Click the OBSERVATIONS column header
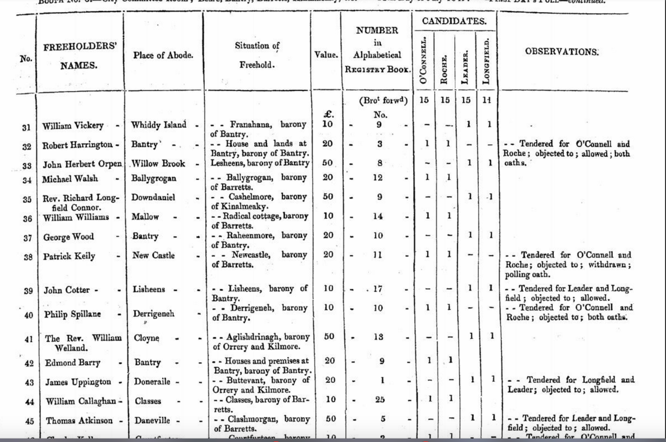561,52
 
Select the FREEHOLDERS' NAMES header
80,56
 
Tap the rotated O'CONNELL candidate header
424,60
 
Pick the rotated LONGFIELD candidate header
486,60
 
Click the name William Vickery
73,126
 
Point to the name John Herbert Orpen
82,164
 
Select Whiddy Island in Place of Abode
158,125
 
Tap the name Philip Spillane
73,314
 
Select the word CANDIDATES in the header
454,21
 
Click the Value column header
326,55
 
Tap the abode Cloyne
147,337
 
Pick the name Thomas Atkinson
78,421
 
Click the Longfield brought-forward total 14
486,100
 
